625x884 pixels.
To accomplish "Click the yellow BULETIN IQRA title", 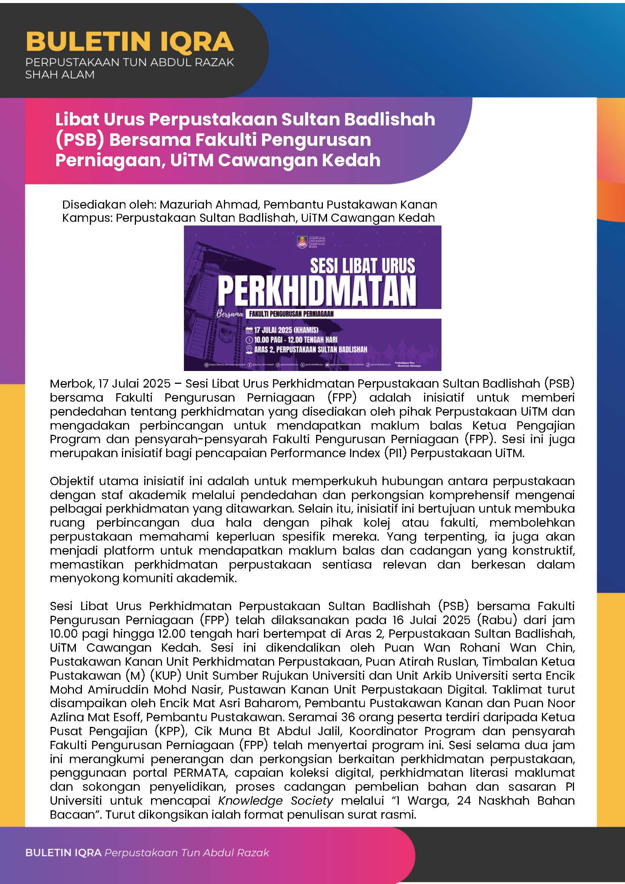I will click(x=130, y=42).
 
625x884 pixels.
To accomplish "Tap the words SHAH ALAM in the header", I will click(x=60, y=75).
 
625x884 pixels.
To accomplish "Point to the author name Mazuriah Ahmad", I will click(x=209, y=204).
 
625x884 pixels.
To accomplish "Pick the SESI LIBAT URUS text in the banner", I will click(x=362, y=266).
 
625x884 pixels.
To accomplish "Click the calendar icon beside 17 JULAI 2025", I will click(x=249, y=330).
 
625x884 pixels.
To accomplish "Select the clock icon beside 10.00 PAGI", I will click(x=249, y=340).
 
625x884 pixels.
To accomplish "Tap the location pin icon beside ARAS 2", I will click(x=249, y=349).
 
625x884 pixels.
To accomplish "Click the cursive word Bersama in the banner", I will click(x=230, y=314).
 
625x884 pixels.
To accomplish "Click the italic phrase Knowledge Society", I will click(x=275, y=801).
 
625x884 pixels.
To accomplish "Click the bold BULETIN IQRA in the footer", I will click(x=63, y=853).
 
